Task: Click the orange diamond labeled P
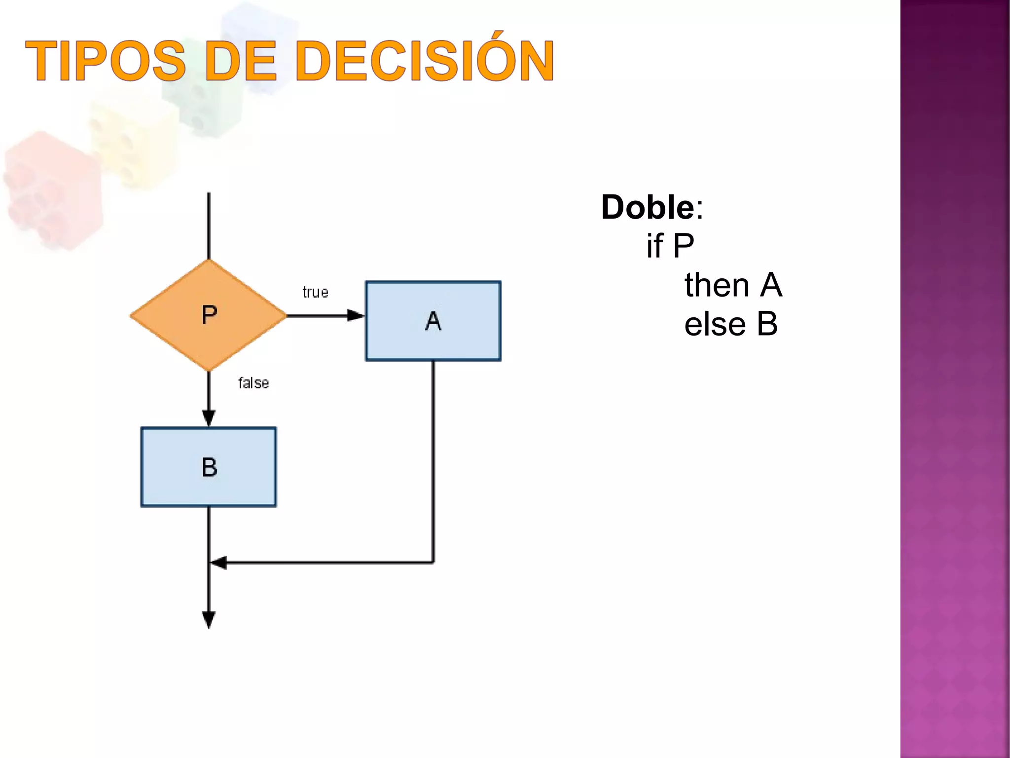pyautogui.click(x=209, y=315)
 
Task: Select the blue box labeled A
pyautogui.click(x=433, y=321)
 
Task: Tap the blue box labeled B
pyautogui.click(x=209, y=467)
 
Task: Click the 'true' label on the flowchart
pyautogui.click(x=315, y=292)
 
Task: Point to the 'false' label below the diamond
pyautogui.click(x=253, y=383)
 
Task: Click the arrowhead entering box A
pyautogui.click(x=356, y=315)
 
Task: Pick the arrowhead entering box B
pyautogui.click(x=209, y=417)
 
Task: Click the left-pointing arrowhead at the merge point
pyautogui.click(x=218, y=562)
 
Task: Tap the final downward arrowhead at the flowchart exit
pyautogui.click(x=209, y=619)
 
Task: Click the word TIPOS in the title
pyautogui.click(x=106, y=61)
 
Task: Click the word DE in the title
pyautogui.click(x=240, y=61)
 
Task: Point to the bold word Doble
pyautogui.click(x=648, y=207)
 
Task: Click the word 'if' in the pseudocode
pyautogui.click(x=654, y=246)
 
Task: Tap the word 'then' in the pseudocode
pyautogui.click(x=717, y=285)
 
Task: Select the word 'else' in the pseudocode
pyautogui.click(x=715, y=324)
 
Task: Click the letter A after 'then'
pyautogui.click(x=771, y=285)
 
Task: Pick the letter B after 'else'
pyautogui.click(x=767, y=324)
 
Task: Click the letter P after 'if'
pyautogui.click(x=684, y=246)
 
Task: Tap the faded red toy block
pyautogui.click(x=52, y=190)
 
